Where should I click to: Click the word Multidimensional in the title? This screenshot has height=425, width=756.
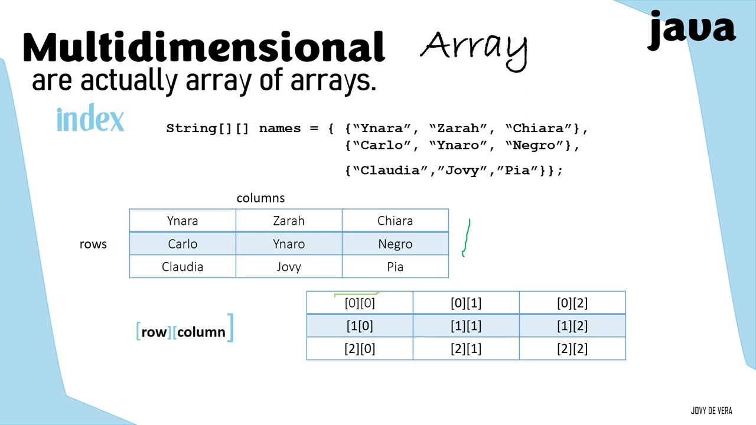coord(204,47)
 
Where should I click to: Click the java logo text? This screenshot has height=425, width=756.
coord(692,30)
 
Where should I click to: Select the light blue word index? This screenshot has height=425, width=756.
coord(90,119)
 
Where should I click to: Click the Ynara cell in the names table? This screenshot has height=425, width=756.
coord(183,221)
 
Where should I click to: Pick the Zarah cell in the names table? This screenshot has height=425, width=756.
coord(289,221)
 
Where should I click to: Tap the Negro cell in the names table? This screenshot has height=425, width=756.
coord(395,244)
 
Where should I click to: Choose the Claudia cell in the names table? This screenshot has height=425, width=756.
coord(183,267)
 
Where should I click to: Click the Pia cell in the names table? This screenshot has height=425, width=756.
coord(395,267)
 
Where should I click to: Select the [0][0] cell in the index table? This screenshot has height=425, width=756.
coord(360,303)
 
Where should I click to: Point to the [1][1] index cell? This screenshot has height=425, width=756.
coord(466,326)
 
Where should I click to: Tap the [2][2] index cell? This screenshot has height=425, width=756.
coord(572,349)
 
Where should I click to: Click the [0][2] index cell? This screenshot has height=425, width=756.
coord(572,303)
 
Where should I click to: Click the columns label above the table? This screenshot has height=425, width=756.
coord(260,198)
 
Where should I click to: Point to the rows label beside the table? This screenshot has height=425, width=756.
coord(93,244)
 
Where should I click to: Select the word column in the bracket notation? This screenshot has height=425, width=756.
coord(201,332)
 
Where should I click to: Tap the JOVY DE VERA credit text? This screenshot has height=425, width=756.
coord(711,411)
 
